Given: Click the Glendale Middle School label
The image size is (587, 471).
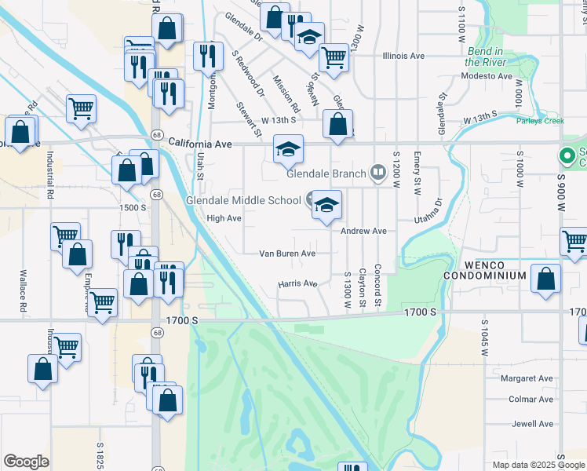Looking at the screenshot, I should [242, 200].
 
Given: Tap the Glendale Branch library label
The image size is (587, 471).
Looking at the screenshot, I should [327, 173].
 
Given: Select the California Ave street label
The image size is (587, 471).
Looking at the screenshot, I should [201, 144].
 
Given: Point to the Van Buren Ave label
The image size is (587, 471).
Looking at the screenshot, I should [287, 254].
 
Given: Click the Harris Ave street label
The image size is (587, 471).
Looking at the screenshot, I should [297, 283].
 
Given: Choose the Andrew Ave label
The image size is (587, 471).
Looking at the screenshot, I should [363, 232].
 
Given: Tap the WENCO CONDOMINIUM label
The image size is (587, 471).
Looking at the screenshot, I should [483, 270].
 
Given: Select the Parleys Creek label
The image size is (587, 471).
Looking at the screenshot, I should [540, 121].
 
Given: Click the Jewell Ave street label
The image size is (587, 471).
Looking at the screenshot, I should [533, 424].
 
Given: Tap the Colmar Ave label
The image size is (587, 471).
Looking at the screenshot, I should [532, 399].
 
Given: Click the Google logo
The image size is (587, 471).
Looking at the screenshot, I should [26, 462].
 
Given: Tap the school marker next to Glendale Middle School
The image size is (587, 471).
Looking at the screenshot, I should [327, 206].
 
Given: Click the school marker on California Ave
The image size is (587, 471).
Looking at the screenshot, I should [288, 148].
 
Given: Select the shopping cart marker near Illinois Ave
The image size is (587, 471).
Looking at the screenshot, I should [334, 57].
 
